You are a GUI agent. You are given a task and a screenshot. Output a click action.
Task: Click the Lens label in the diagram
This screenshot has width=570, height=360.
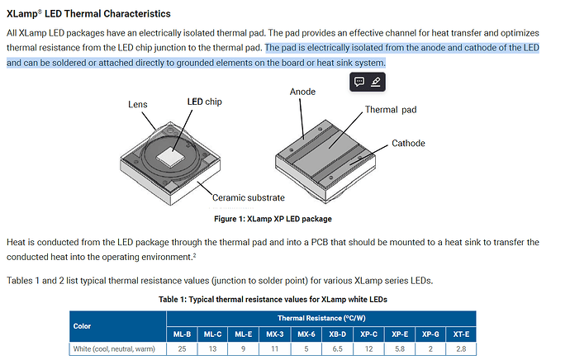(x=137, y=104)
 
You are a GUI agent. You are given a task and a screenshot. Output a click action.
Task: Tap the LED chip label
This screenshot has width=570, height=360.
(x=205, y=102)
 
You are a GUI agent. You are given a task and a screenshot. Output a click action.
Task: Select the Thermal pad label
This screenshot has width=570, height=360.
(x=392, y=110)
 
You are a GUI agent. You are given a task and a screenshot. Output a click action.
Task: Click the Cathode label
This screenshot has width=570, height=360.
(x=408, y=143)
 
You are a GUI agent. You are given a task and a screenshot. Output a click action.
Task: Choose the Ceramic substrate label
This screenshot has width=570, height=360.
(x=248, y=197)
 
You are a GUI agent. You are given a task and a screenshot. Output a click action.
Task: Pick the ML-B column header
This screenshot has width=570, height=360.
(x=183, y=334)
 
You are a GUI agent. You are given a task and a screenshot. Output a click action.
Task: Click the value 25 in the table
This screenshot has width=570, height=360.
(x=183, y=349)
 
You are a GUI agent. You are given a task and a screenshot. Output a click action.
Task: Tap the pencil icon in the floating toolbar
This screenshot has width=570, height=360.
(x=376, y=82)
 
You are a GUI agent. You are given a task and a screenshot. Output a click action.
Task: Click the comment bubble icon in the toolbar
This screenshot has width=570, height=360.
(x=359, y=82)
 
